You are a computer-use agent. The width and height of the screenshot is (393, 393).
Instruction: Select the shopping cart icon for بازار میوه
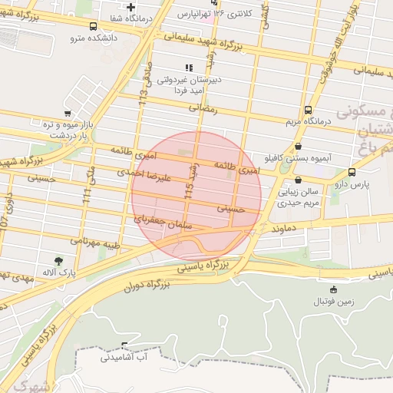(68, 114)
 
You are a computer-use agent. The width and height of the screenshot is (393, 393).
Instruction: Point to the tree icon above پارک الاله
(58, 261)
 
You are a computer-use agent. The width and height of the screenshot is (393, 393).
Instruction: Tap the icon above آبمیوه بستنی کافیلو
(298, 147)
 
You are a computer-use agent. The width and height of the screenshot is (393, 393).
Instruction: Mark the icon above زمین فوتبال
(333, 289)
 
